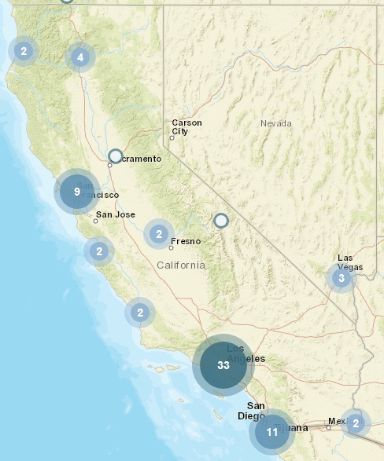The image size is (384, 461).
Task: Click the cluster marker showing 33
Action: [223, 365]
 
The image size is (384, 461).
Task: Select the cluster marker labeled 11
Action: [272, 432]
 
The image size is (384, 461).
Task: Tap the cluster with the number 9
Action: [76, 192]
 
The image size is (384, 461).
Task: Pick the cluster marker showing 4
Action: [80, 57]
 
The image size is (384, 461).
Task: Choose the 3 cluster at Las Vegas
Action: [341, 278]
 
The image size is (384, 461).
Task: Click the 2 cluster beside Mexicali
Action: [356, 424]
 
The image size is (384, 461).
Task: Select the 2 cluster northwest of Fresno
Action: [159, 233]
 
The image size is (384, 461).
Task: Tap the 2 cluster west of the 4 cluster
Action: [24, 51]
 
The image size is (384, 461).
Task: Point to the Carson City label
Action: [186, 127]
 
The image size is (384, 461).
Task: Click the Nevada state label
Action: [275, 123]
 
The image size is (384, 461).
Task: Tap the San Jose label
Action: [115, 214]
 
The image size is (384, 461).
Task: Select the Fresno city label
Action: [186, 241]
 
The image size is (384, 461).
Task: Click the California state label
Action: [180, 265]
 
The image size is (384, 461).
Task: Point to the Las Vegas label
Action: [350, 262]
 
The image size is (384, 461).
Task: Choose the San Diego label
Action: [251, 411]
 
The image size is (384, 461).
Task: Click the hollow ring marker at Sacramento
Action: [116, 156]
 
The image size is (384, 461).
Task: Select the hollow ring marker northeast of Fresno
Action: [221, 221]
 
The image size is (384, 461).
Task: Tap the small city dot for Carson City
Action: [172, 138]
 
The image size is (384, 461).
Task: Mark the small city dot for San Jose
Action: [95, 221]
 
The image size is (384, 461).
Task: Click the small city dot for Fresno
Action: [171, 248]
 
